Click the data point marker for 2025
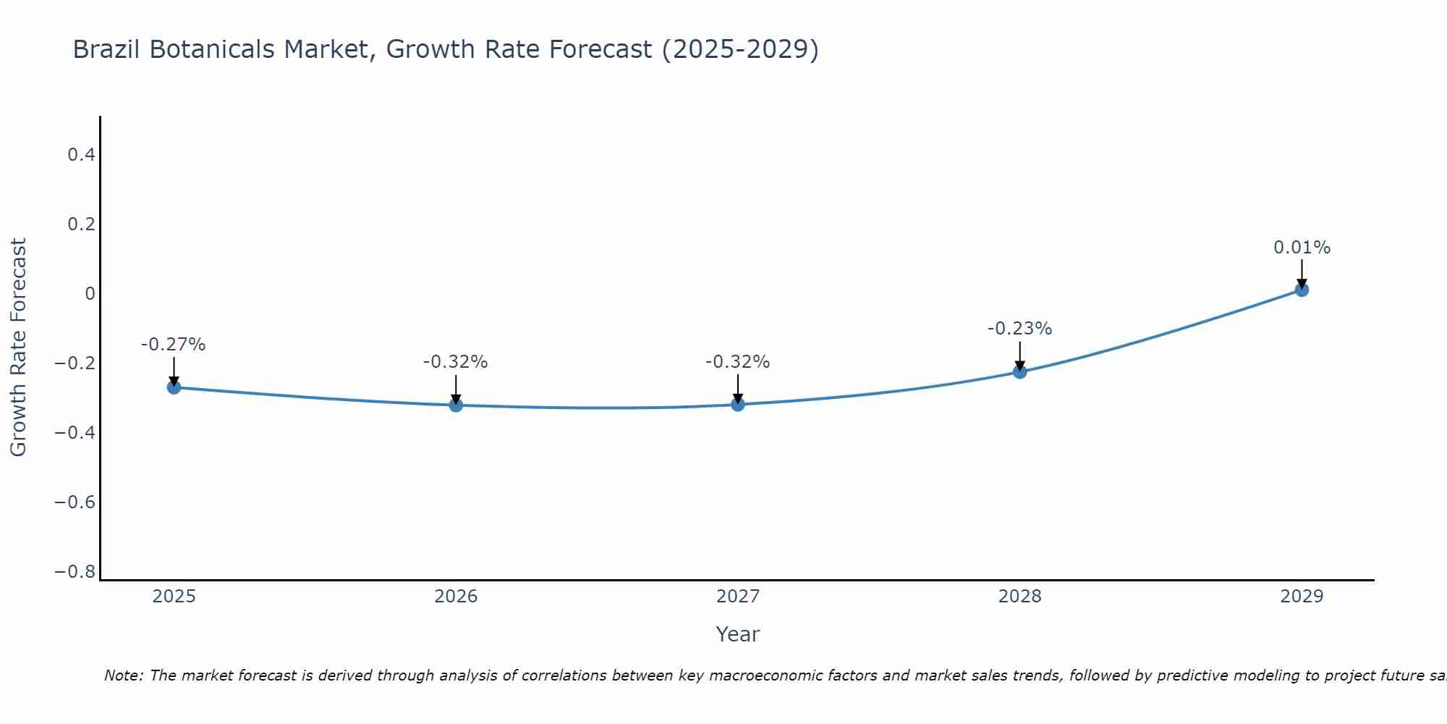click(174, 387)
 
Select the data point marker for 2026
click(456, 405)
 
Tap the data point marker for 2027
click(738, 404)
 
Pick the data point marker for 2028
click(1019, 371)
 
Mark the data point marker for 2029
click(1302, 290)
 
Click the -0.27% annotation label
click(174, 345)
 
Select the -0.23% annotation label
click(1019, 329)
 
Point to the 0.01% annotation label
click(1302, 248)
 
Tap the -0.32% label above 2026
click(456, 362)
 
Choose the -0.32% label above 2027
click(738, 362)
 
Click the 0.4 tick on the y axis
click(81, 154)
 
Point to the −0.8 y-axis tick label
click(75, 572)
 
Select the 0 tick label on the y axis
click(90, 293)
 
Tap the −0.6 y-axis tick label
click(75, 502)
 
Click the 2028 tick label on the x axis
click(1019, 597)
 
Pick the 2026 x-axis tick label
click(456, 597)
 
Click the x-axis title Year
click(737, 634)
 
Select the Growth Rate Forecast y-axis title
click(18, 348)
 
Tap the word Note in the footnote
click(122, 675)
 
